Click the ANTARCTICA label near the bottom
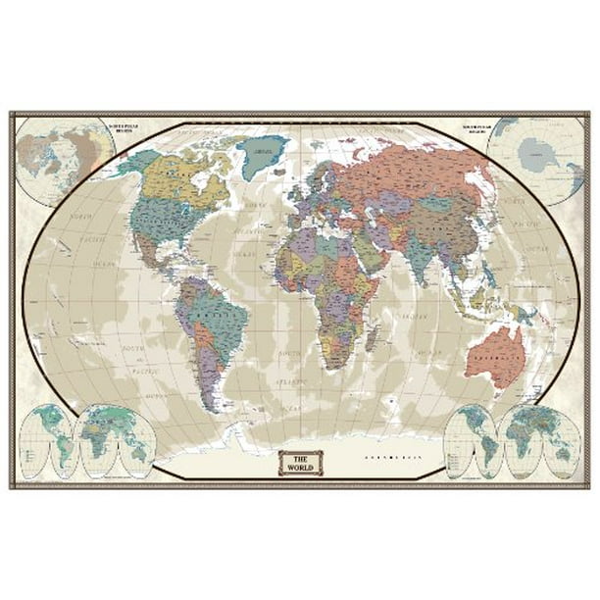coord(391,457)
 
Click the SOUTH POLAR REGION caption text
coord(469,128)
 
